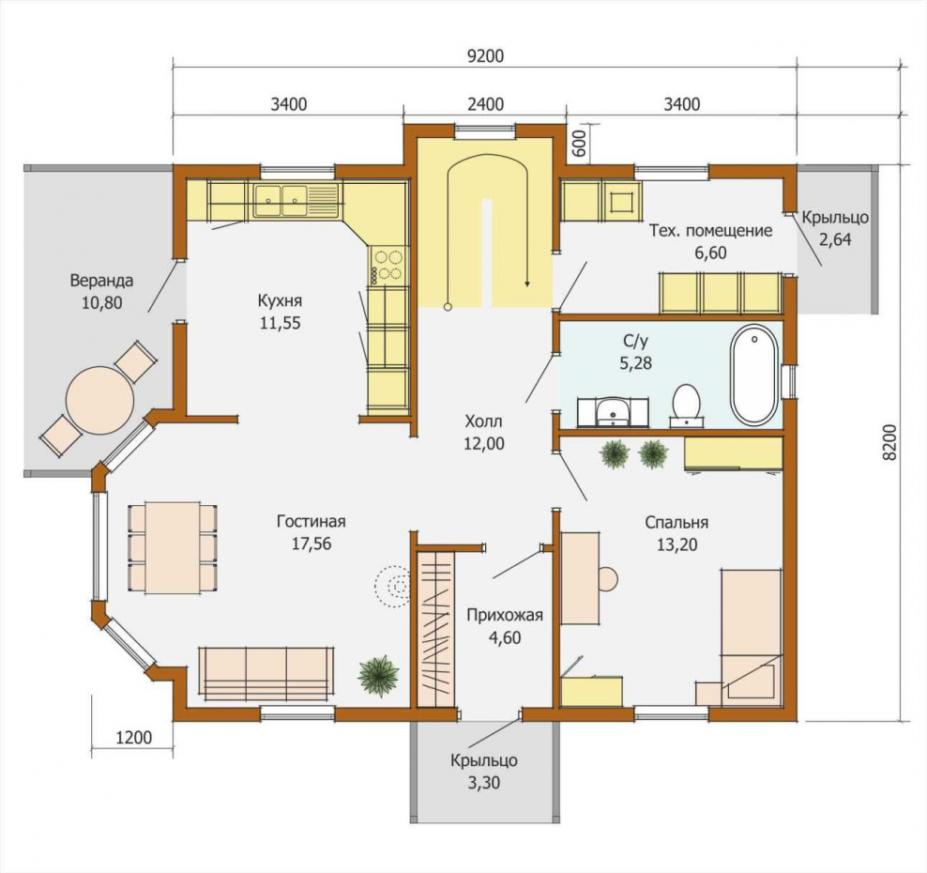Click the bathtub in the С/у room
[x=755, y=374]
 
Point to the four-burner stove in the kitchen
[x=388, y=265]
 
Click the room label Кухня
[x=280, y=300]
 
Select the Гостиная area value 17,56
[x=311, y=544]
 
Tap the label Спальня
[x=676, y=522]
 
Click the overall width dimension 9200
[x=485, y=56]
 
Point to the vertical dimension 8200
[x=890, y=442]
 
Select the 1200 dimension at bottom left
[x=133, y=738]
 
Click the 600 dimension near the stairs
[x=580, y=143]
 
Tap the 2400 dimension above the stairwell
[x=485, y=104]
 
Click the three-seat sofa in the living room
[x=266, y=670]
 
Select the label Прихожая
[x=505, y=615]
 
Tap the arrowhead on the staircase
[x=526, y=283]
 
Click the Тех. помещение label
[x=710, y=230]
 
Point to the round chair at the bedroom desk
[x=609, y=579]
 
